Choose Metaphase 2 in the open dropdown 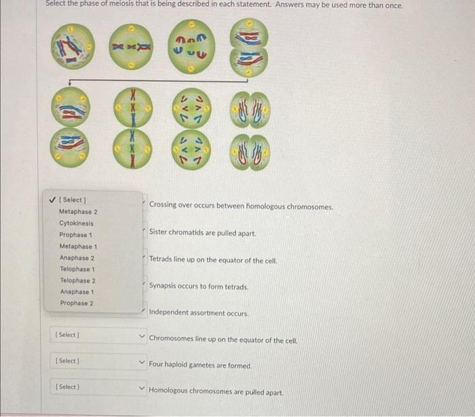78,211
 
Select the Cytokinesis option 77,223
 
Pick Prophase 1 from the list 75,234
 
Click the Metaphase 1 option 78,246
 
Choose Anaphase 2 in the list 77,257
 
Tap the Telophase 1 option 77,269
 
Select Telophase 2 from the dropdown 77,280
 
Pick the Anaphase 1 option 77,291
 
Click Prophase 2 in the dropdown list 76,303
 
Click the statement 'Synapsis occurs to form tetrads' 198,287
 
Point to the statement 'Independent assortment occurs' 199,314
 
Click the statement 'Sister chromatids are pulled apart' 202,233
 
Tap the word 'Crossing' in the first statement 163,204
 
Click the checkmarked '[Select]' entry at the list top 73,200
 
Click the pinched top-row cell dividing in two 248,48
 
